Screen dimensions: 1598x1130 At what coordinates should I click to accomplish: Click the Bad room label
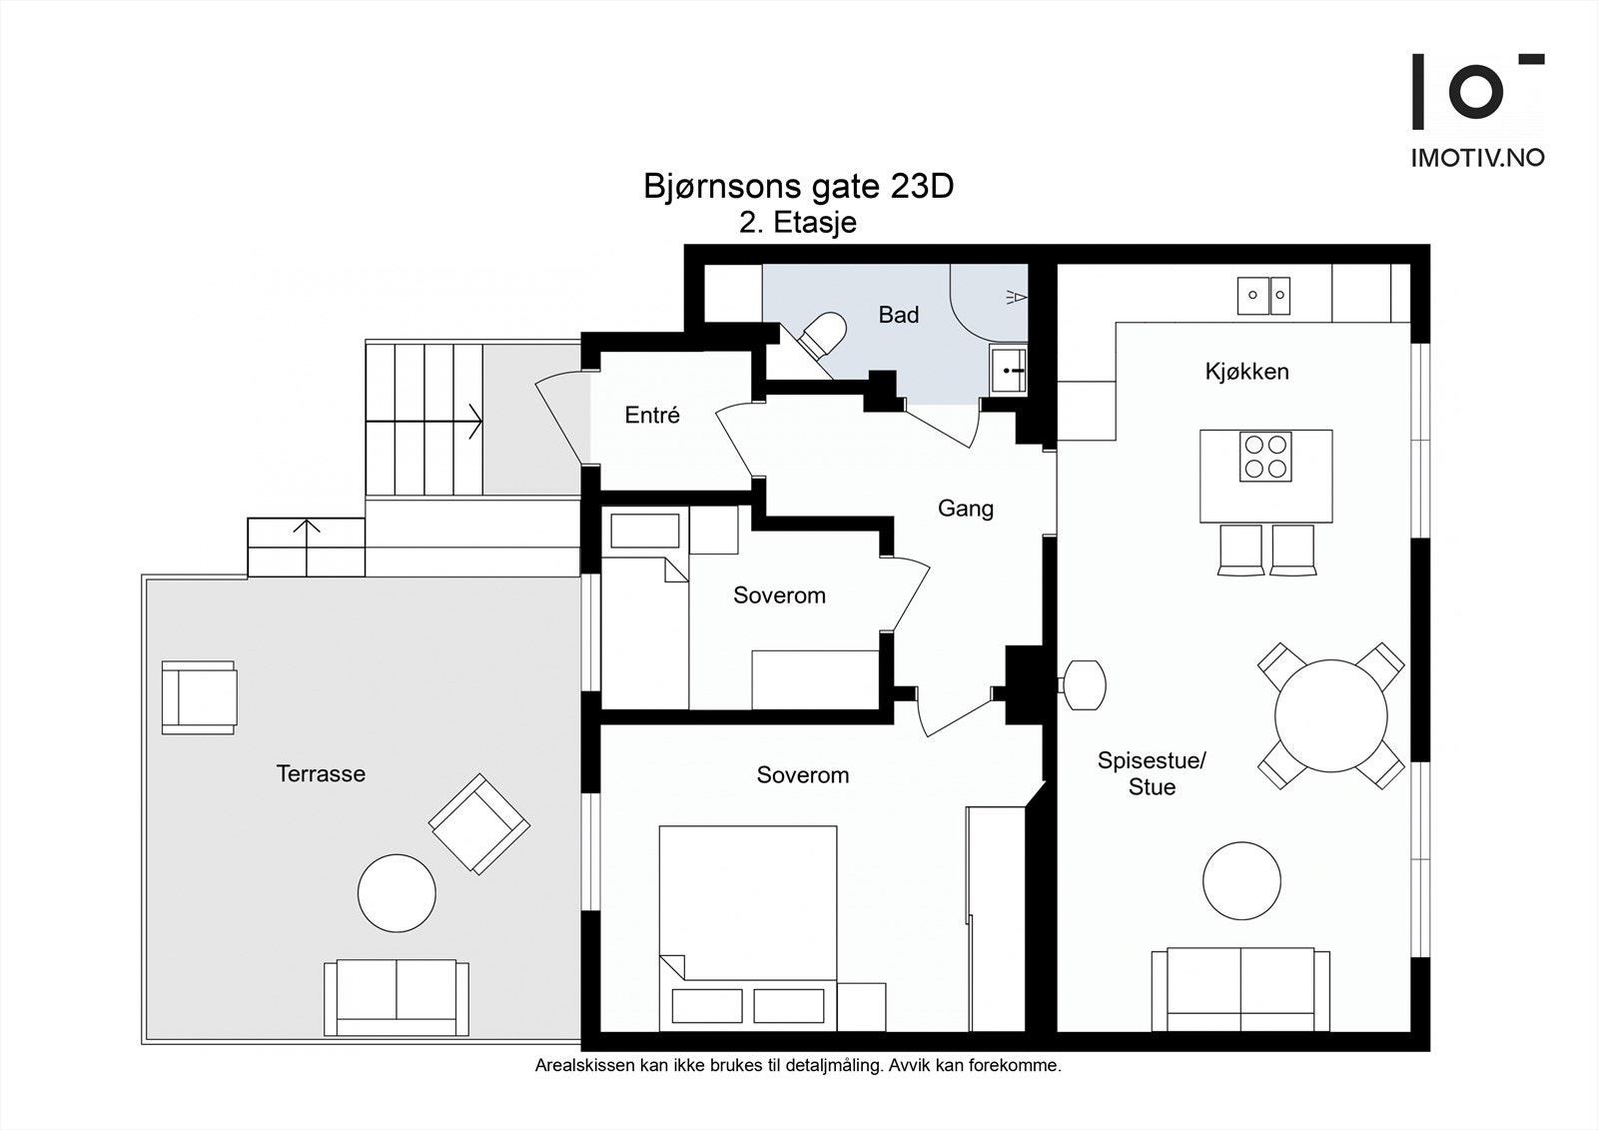(898, 315)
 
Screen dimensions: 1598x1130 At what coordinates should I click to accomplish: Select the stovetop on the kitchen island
(1265, 457)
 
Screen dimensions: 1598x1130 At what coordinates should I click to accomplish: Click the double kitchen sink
(1263, 296)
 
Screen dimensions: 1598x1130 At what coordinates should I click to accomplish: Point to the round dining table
(1330, 716)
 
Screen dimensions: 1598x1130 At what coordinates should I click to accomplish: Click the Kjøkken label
(1247, 372)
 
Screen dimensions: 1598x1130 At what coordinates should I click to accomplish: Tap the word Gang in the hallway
(965, 509)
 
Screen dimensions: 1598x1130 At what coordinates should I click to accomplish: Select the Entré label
(652, 415)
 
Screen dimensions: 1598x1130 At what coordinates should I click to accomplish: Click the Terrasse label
(321, 773)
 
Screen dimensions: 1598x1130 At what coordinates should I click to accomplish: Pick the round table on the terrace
(397, 893)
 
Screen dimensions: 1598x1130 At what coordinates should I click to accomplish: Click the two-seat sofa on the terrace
(397, 997)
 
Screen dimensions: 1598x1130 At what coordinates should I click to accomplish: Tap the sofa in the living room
(1240, 989)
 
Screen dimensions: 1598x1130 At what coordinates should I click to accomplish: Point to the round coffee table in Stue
(1241, 880)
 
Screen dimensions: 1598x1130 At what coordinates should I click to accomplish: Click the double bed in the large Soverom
(748, 928)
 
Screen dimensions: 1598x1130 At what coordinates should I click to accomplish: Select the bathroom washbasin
(1008, 371)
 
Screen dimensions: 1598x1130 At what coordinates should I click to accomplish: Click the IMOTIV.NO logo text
(1477, 158)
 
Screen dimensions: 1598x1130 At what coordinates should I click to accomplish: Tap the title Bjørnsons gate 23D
(798, 186)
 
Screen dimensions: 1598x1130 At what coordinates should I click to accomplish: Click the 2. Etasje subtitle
(798, 223)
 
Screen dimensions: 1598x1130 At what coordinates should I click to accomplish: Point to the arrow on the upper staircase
(424, 422)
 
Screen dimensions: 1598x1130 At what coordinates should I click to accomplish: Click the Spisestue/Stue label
(1152, 773)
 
